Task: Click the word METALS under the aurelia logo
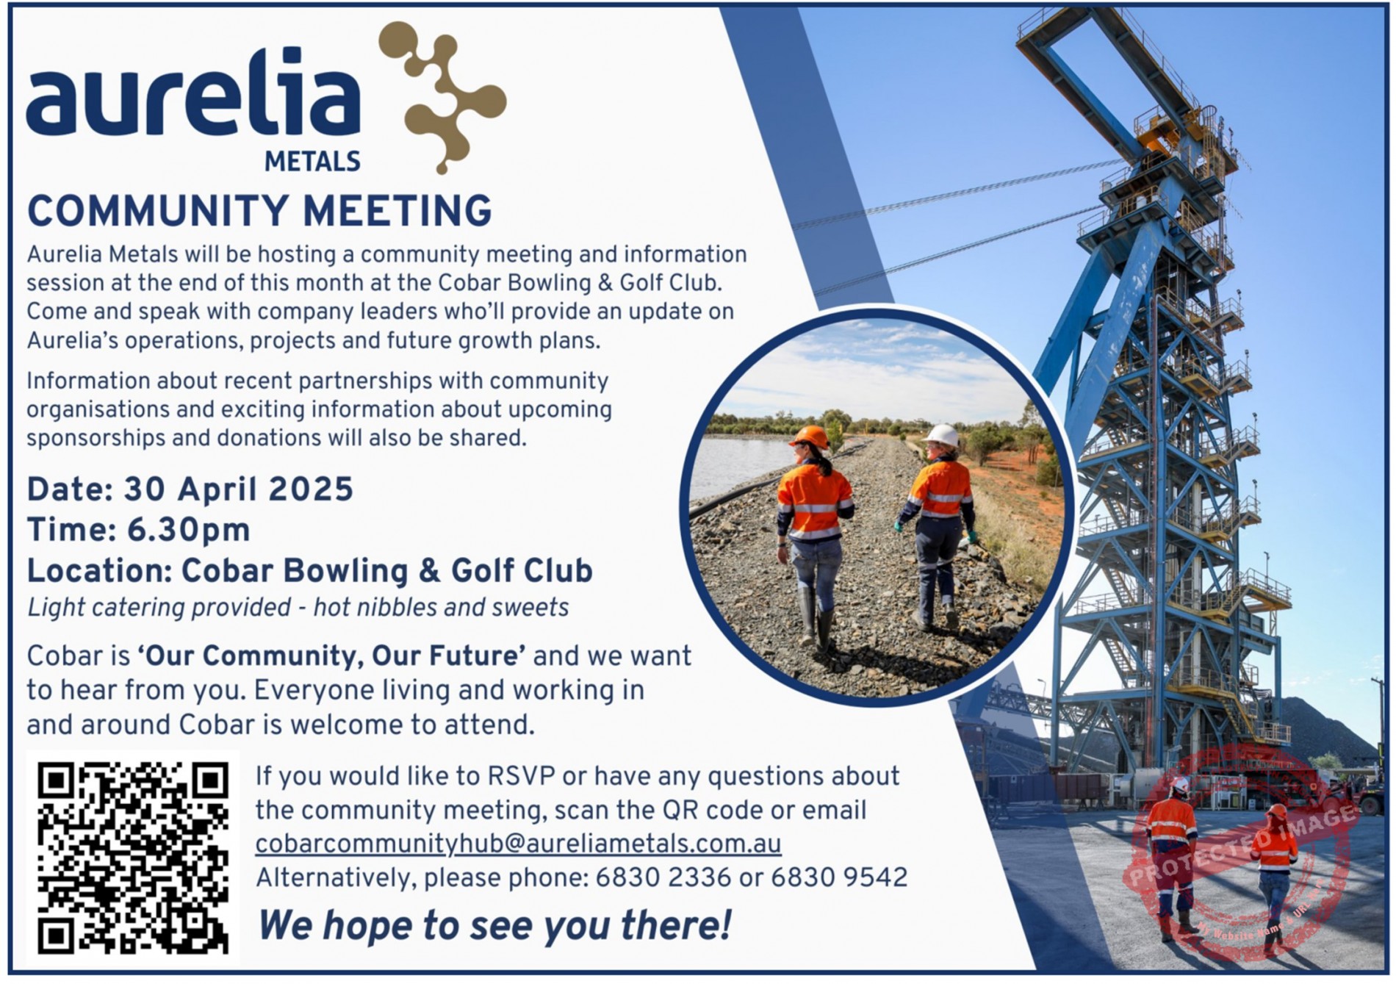(312, 161)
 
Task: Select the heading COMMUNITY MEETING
(259, 211)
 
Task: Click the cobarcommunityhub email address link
(518, 844)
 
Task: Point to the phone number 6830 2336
(663, 878)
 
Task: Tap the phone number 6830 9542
(839, 878)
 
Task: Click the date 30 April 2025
(239, 489)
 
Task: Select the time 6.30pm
(189, 531)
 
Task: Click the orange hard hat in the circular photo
(810, 437)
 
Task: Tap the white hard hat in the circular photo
(941, 435)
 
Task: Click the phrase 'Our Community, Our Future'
(331, 656)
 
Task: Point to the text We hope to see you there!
(495, 925)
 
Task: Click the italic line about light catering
(298, 608)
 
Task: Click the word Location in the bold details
(99, 571)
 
